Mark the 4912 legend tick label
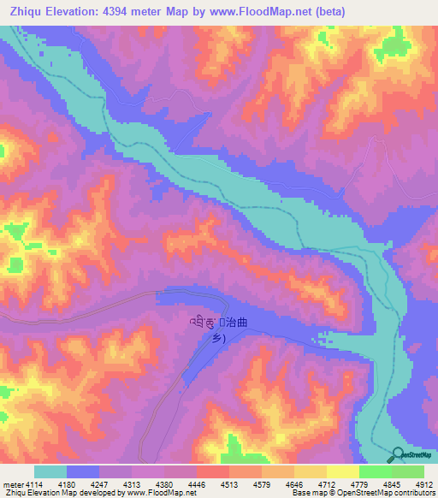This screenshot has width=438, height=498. coord(423,485)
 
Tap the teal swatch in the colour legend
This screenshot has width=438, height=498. coord(50,471)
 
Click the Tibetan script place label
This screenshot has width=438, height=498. coord(203,323)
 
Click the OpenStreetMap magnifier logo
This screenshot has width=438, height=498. coord(398,454)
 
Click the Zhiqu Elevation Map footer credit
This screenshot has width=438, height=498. coord(99,494)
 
